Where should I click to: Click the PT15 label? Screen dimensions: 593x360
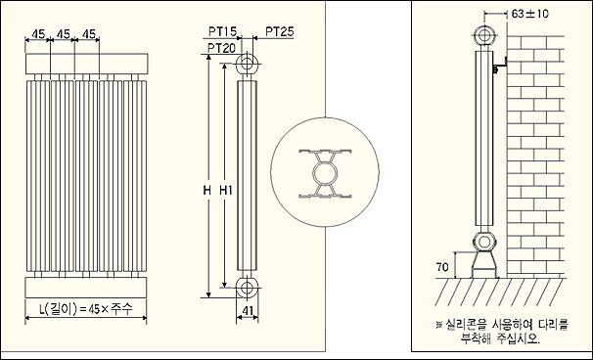click(x=223, y=31)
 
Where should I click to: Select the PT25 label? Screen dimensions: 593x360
click(x=280, y=31)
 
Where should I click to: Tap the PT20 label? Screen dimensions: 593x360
click(x=221, y=48)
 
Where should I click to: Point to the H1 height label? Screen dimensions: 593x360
click(x=226, y=191)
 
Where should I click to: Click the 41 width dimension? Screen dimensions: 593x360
click(x=247, y=311)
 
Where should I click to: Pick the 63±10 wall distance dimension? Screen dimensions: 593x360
click(x=529, y=14)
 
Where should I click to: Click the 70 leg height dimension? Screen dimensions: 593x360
click(x=442, y=267)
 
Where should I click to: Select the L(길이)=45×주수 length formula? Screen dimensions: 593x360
click(x=86, y=309)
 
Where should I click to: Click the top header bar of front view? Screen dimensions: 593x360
click(x=87, y=64)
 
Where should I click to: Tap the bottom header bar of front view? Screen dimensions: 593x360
click(x=86, y=288)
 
